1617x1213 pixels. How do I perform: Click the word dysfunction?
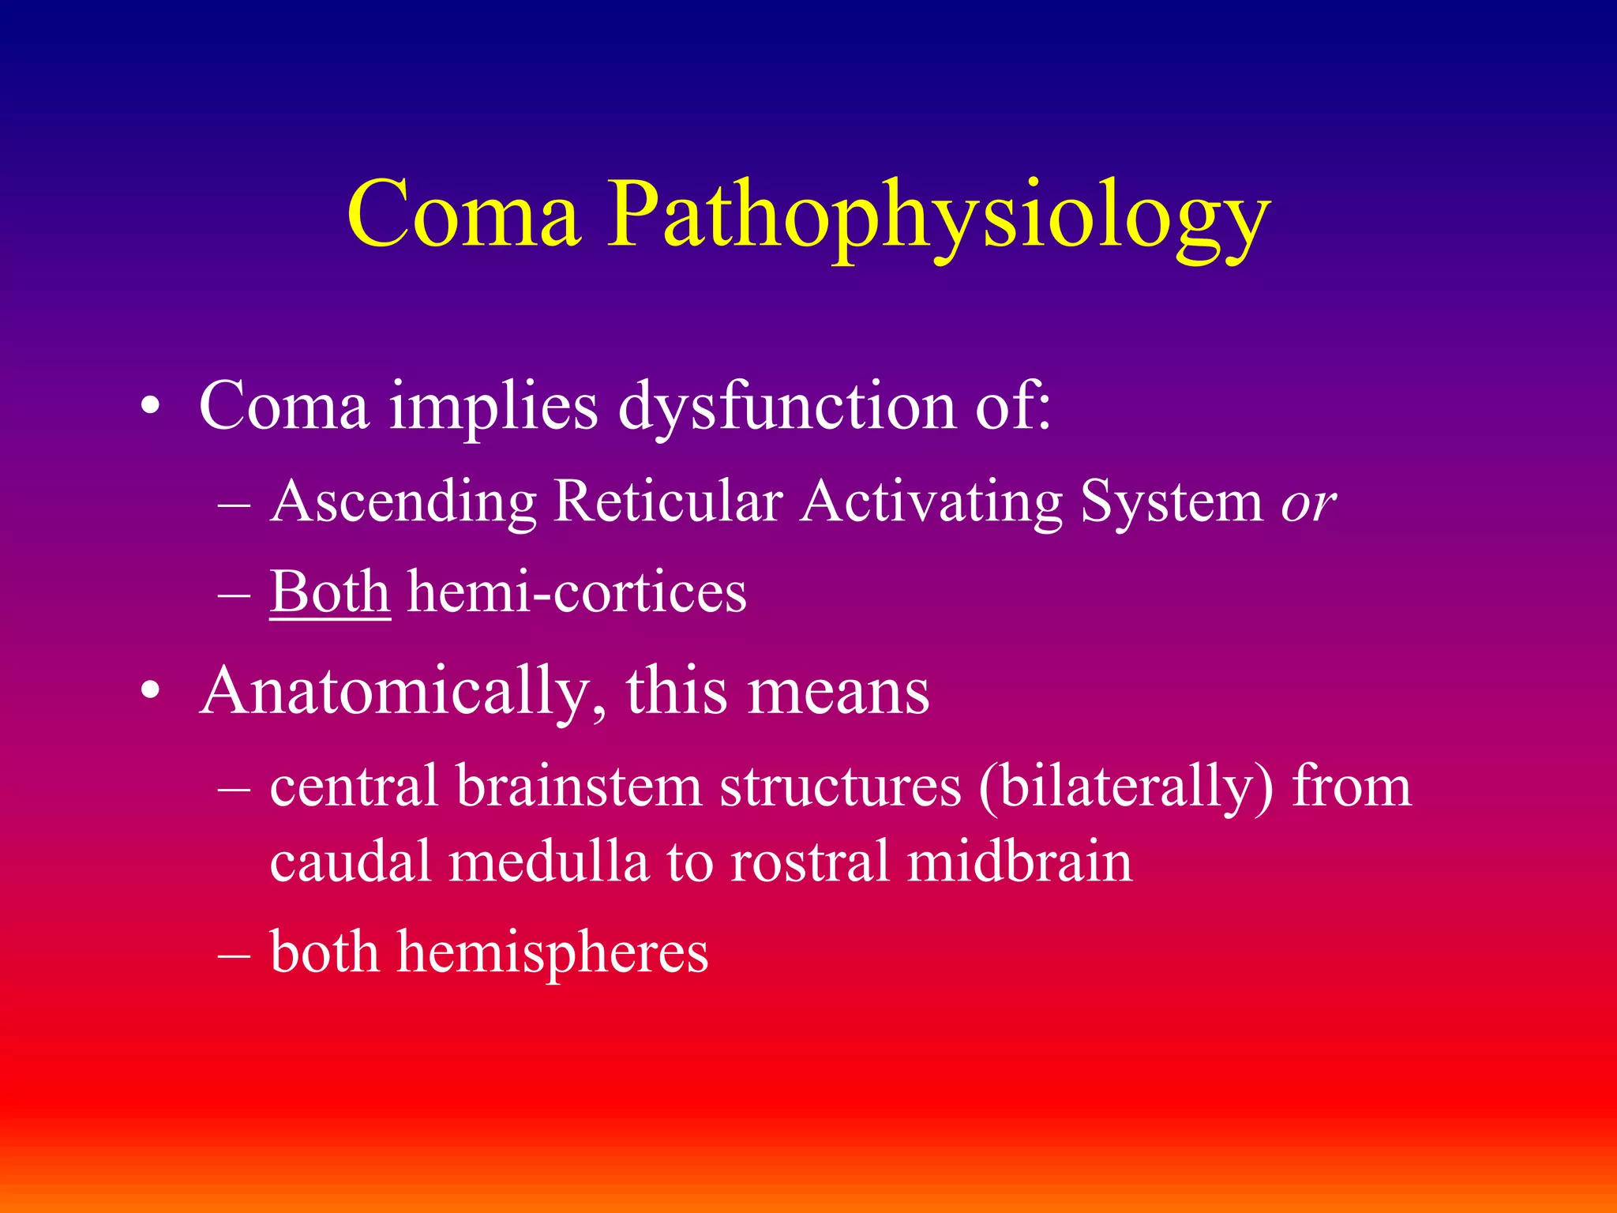(x=786, y=407)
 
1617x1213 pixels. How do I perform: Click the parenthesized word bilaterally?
(x=1126, y=788)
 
